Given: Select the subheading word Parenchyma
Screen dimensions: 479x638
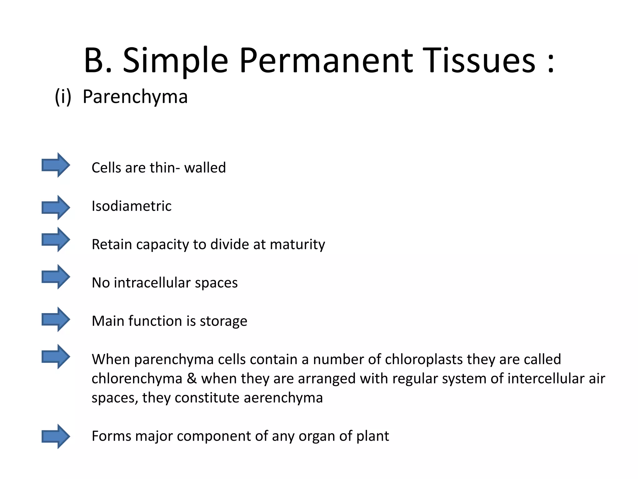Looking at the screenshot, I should tap(135, 97).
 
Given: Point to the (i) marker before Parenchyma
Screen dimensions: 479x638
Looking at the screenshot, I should tap(63, 97).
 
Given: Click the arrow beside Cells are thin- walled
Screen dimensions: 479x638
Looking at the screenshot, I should tap(56, 165).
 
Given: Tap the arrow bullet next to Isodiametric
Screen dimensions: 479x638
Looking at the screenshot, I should tap(56, 207).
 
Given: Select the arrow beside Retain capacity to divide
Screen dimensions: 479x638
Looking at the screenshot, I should tap(56, 239).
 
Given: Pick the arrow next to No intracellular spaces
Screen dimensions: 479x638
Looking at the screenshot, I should tap(56, 277).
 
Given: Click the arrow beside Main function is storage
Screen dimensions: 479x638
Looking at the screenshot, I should tap(56, 319).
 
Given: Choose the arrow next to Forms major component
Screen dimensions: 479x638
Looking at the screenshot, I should tap(56, 436).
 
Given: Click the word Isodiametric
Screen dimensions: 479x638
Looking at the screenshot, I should tap(131, 206).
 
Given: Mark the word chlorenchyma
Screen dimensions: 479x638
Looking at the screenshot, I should tap(137, 379).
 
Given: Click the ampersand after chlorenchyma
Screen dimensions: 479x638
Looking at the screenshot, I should tap(192, 379).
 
